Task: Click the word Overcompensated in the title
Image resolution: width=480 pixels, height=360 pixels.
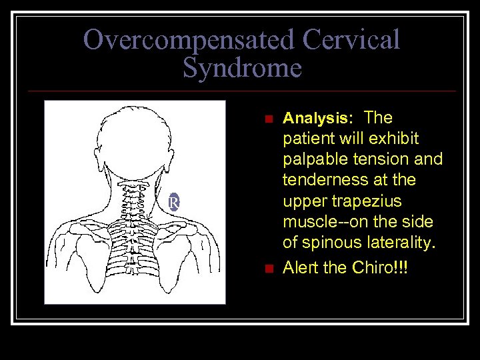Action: [x=189, y=40]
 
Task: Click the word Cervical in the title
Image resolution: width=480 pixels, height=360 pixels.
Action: [x=351, y=40]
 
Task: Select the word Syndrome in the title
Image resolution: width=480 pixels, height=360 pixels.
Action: [x=242, y=67]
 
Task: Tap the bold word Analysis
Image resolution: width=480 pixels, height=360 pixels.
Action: [x=318, y=119]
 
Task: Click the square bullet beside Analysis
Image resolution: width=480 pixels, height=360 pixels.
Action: [x=268, y=119]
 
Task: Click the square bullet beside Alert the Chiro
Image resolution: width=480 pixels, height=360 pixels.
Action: [x=268, y=269]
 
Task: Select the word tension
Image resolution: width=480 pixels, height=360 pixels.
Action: [x=389, y=160]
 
